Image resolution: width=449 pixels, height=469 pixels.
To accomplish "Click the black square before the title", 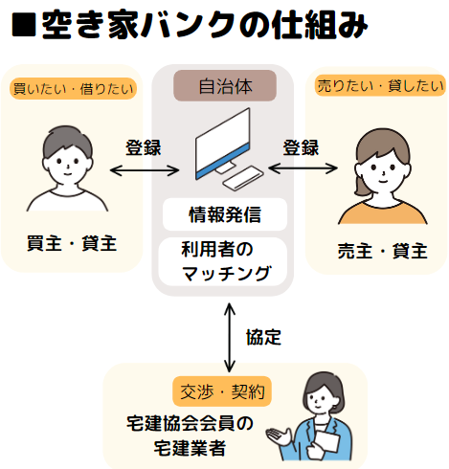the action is (24, 25).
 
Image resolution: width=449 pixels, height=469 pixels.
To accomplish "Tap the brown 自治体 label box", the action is (225, 86).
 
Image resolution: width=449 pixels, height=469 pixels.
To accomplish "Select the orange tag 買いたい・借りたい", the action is (73, 89).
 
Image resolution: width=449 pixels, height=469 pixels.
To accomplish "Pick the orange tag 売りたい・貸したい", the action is (380, 85).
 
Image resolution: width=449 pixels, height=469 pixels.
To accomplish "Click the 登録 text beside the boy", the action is (144, 147).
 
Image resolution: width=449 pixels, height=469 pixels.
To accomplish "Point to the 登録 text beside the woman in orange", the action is (301, 147).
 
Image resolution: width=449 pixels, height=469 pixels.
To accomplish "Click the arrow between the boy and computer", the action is (145, 170).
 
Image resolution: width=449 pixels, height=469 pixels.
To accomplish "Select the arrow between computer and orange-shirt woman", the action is (303, 168).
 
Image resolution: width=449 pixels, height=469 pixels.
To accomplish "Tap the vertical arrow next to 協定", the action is (229, 338).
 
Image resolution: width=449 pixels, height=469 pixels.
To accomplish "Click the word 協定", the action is (263, 337).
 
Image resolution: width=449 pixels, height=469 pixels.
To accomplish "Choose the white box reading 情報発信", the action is (225, 214).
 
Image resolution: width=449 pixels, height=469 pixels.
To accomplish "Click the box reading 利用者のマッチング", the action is (223, 261).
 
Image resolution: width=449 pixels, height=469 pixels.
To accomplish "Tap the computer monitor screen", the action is (223, 144).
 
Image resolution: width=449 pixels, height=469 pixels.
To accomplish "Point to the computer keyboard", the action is (243, 178).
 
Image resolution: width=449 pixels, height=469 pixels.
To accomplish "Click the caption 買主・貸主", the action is (72, 244).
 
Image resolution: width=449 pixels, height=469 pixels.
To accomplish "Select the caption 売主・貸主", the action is (382, 251).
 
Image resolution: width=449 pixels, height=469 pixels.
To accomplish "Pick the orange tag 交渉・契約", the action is (222, 391).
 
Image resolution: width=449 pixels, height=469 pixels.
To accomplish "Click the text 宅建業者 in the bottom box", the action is (191, 448).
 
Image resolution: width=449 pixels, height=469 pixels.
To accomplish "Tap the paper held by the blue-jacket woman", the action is (326, 441).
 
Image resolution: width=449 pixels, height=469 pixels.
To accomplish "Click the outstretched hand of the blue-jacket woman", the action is (279, 435).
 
